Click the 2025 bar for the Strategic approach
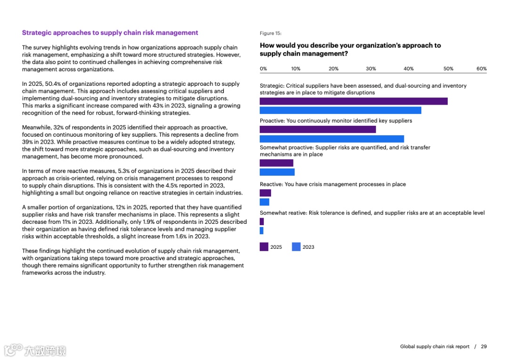pos(353,101)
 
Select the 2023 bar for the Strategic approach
pos(340,110)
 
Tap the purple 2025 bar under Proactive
pos(318,129)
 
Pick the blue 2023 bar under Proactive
pos(332,139)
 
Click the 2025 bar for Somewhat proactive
pos(276,163)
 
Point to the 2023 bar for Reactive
pos(264,202)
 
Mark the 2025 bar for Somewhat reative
pos(262,221)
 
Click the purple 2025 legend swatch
pos(264,246)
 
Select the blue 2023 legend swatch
pos(296,246)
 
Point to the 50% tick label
pos(448,69)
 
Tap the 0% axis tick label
pos(263,69)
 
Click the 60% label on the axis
pos(481,69)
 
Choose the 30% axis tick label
pos(371,69)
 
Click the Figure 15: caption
pos(271,33)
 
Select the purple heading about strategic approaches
pos(110,33)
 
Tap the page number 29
pos(484,347)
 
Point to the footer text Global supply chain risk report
pos(435,347)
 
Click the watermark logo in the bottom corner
pos(35,350)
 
